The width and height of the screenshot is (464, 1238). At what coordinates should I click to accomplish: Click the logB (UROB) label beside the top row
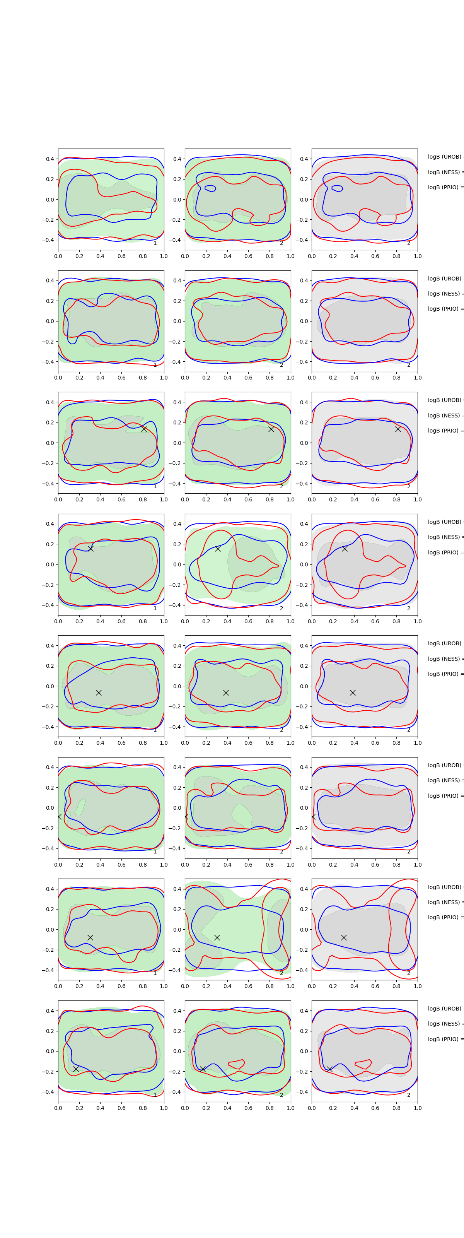coord(445,157)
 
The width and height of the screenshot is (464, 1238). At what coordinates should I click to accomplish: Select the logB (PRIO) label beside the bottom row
coord(445,1039)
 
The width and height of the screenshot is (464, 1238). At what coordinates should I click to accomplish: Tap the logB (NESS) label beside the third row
coord(445,415)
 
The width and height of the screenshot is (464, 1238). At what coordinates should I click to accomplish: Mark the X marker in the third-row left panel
coord(144,429)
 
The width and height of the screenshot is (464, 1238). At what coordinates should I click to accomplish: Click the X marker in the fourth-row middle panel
coord(218,548)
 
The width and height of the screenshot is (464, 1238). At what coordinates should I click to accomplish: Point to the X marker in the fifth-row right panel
coord(353,693)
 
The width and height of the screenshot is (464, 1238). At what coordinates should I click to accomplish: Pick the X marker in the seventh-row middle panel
coord(217,937)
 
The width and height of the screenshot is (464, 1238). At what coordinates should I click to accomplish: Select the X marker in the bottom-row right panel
coord(329,1069)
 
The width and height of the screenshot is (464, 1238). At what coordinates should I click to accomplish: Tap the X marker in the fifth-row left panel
coord(99,693)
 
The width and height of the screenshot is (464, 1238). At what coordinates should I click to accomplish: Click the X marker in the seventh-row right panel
coord(344,937)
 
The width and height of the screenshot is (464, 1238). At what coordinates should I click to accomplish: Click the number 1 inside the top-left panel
coord(155,243)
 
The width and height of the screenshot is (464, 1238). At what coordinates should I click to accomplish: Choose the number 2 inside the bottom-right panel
coord(409,1095)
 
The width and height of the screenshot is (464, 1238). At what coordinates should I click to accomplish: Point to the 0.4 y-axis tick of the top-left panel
coord(50,159)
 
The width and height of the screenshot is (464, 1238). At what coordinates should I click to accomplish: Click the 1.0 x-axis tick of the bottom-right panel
coord(418,1108)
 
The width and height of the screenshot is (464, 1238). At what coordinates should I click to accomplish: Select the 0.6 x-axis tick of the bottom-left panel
coord(121,1108)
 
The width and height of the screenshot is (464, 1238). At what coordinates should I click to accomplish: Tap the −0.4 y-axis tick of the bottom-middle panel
coord(175,1092)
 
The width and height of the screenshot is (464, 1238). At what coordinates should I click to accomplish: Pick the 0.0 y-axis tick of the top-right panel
coord(305,200)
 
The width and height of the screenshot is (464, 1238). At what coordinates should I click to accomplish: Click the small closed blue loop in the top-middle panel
coord(210,188)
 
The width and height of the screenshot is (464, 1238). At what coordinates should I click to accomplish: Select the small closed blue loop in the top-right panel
coord(337,188)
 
